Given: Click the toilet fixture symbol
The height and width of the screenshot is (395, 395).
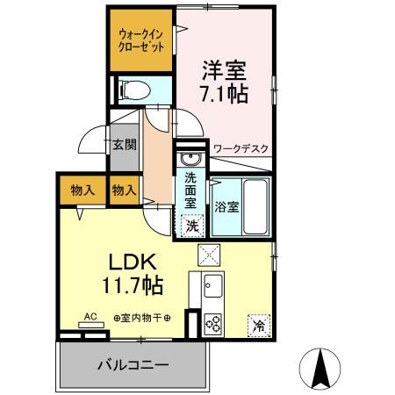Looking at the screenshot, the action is coord(135,90).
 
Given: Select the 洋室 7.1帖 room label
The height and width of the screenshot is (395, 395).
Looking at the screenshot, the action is coord(225,82).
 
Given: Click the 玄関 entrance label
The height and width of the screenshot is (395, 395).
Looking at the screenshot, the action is coord(125,144).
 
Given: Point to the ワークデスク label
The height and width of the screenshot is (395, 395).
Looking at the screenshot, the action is coord(241,149).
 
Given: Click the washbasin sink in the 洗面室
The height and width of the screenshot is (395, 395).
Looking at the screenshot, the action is coord(190,159).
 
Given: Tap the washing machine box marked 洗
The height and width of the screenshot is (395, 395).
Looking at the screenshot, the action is coord(192,226).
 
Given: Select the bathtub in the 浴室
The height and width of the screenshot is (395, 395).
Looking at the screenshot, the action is coord(255,207).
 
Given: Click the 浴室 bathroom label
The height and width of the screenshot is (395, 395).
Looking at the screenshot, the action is coord(226,207).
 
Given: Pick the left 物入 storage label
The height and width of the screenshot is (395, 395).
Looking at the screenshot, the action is coord(83,190).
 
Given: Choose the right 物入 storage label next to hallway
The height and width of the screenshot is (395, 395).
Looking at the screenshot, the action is coord(125,190).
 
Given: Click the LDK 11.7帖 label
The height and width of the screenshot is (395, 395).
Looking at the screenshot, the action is coord(133,273).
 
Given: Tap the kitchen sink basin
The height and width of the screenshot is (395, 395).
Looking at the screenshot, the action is coord(213,285).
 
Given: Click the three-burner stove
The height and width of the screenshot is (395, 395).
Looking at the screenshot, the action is coord(212,324).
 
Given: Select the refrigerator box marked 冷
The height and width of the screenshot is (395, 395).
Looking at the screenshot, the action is coord(259,326).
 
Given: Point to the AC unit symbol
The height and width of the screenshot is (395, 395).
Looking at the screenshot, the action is coord(91,325).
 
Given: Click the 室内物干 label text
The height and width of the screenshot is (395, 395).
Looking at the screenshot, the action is coord(142,318).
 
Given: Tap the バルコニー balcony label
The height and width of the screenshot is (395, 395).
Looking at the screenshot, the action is coord(133,365).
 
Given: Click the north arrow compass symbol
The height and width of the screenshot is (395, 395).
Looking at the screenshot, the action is coord(320,369).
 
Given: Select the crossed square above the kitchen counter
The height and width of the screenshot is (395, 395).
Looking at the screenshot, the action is coord(209,255).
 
